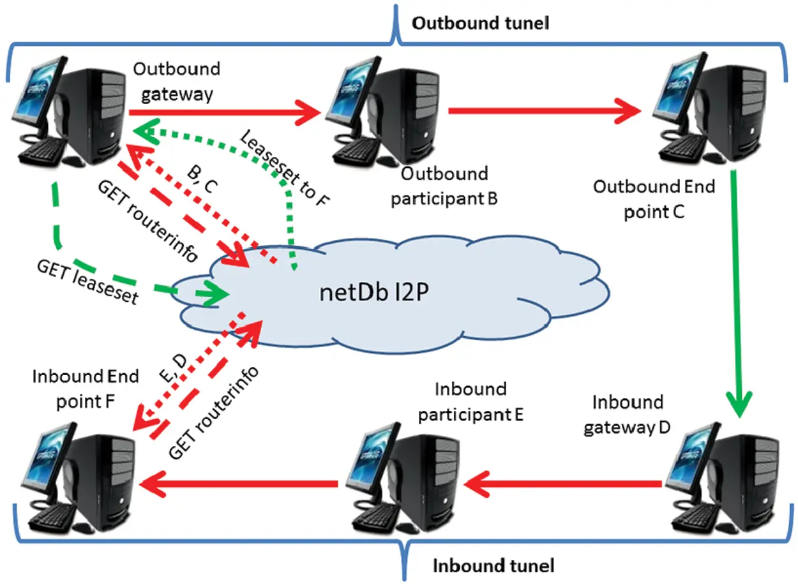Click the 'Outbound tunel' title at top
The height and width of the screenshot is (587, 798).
480,24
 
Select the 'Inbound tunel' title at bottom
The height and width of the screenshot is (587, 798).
493,565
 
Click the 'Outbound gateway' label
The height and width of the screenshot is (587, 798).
177,81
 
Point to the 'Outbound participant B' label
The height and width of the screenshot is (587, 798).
444,186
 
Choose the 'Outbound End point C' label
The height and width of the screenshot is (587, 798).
654,198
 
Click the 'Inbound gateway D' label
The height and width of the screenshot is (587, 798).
627,415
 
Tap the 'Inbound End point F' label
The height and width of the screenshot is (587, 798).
86,389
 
